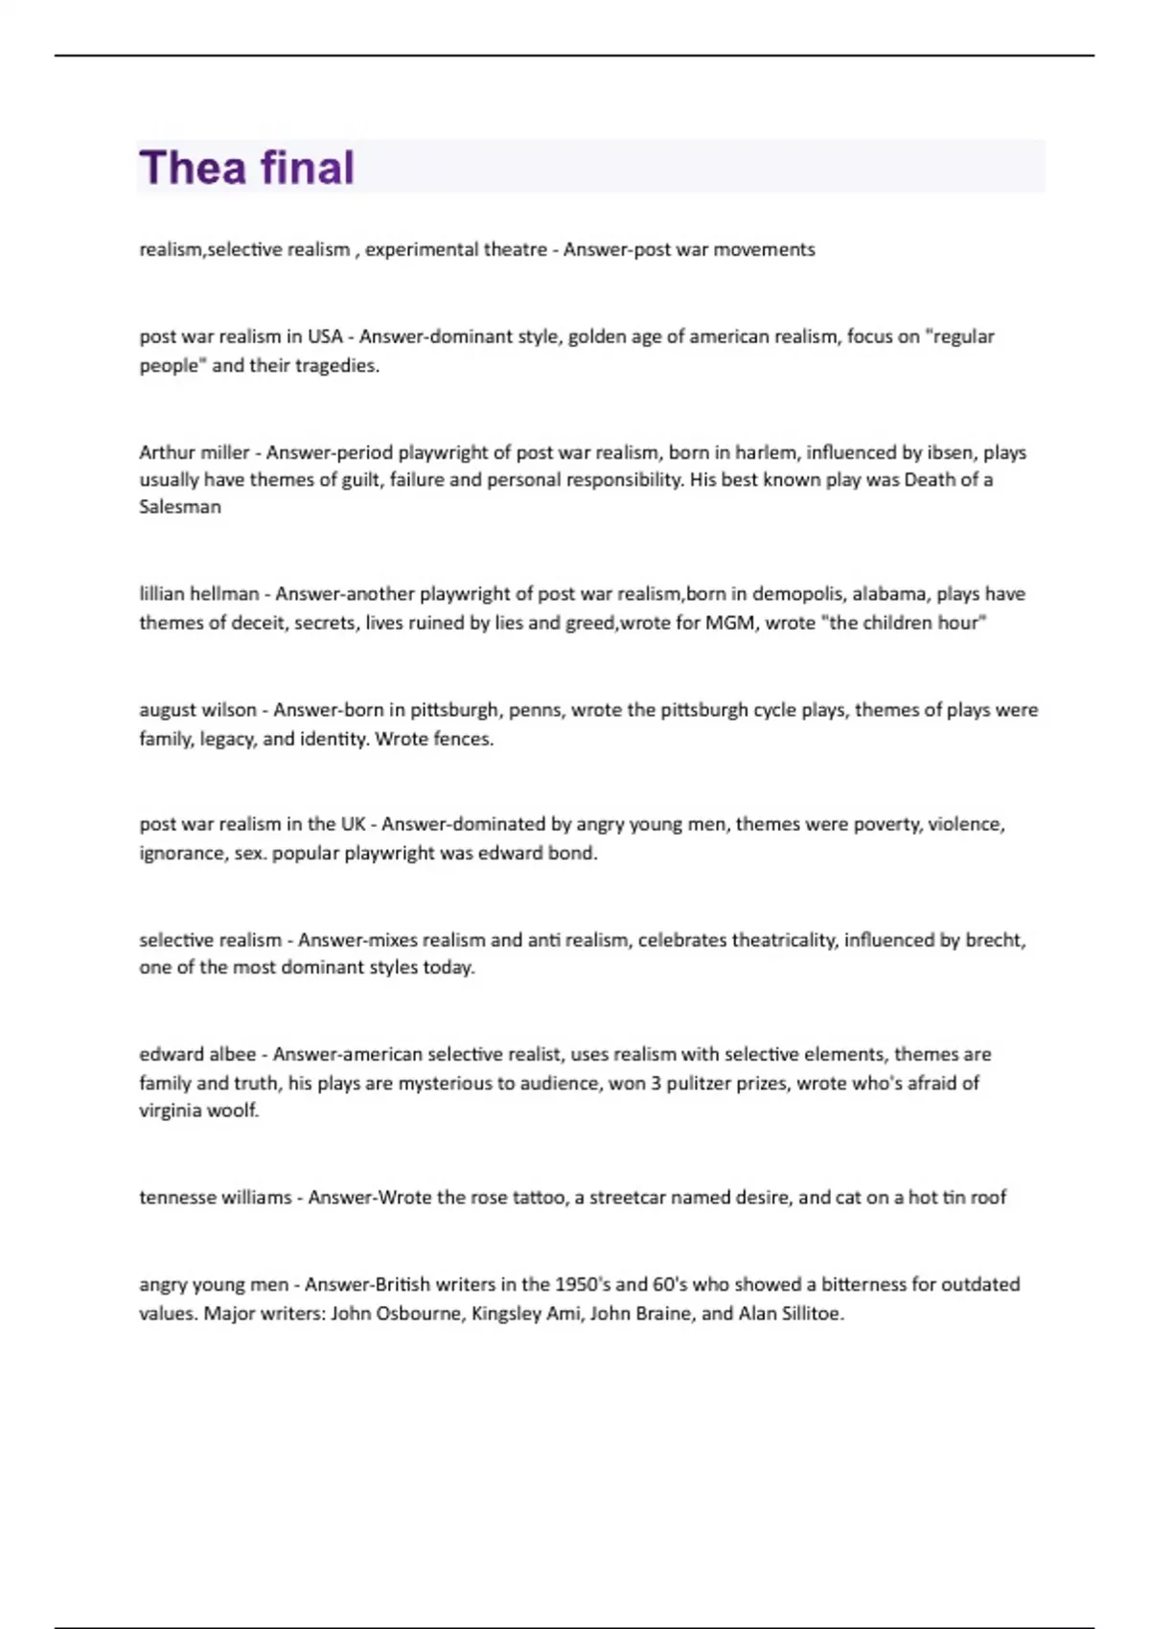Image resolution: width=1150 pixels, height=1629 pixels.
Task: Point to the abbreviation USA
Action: (325, 337)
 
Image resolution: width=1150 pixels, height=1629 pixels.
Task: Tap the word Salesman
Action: (180, 507)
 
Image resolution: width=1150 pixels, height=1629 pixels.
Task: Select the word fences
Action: (462, 739)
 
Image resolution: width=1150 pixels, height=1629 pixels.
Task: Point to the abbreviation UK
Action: (353, 824)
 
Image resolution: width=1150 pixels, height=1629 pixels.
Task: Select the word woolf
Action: (234, 1111)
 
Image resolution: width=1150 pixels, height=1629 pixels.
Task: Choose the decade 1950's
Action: (582, 1284)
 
